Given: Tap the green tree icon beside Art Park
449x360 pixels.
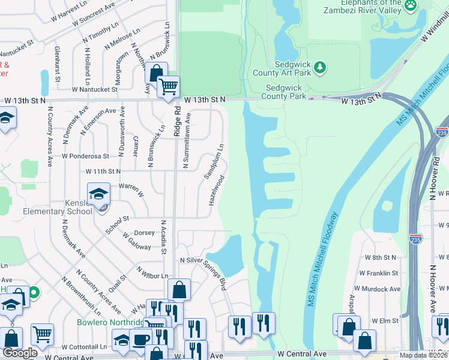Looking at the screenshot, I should coord(320,65).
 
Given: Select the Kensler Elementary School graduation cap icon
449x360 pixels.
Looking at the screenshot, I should coord(98,194).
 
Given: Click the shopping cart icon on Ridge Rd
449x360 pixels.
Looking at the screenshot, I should coord(169,86).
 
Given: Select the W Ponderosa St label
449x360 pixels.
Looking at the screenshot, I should coord(85,155).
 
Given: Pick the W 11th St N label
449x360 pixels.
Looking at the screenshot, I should coord(103,171).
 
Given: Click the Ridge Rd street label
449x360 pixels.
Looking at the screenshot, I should coord(177,123).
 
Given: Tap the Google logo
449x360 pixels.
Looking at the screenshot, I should coord(20,353).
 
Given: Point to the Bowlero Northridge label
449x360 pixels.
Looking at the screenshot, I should coord(110,322).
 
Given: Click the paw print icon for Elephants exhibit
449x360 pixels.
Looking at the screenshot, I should coord(411,5).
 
